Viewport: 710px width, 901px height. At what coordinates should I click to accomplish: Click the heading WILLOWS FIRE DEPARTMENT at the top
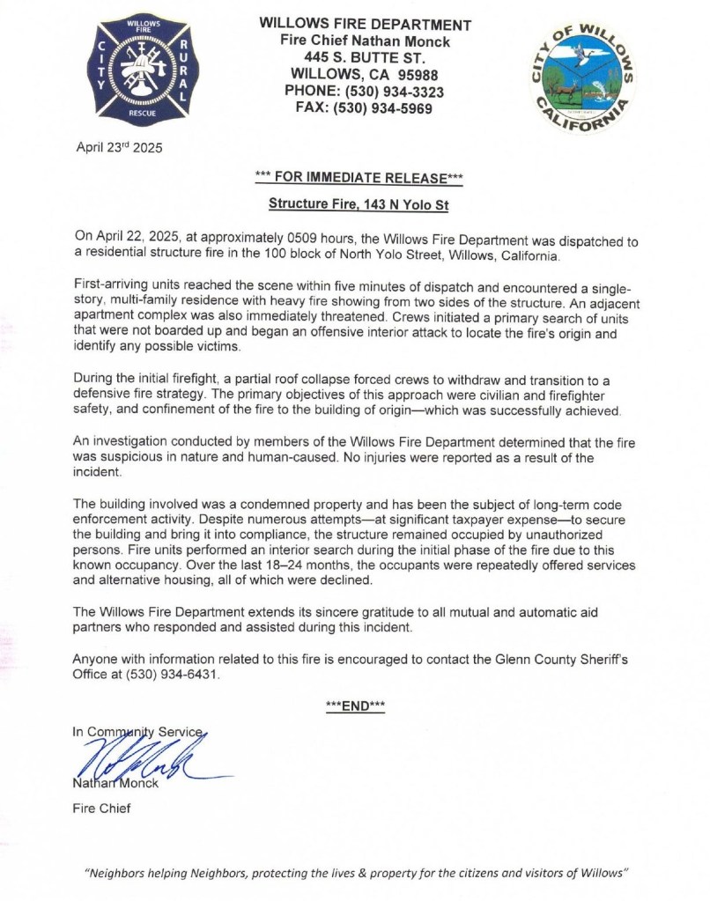365,25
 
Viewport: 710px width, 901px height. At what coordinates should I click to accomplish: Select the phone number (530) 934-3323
396,92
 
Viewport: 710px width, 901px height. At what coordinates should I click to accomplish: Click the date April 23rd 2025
119,147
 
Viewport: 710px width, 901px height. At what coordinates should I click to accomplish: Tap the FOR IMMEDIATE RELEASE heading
365,178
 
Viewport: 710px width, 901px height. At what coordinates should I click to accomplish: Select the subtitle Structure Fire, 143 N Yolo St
365,203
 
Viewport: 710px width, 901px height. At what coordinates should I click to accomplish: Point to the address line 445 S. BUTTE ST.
365,58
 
